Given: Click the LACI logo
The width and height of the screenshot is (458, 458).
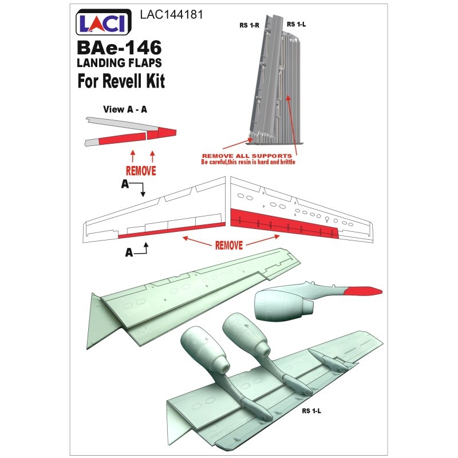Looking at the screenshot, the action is [104, 22].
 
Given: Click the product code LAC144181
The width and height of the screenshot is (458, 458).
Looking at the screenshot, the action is [171, 15].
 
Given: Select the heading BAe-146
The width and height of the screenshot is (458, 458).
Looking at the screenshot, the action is [119, 48].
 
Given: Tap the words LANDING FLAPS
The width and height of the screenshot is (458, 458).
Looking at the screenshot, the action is [119, 63].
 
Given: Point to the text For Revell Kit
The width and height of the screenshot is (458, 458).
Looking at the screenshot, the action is [121, 81].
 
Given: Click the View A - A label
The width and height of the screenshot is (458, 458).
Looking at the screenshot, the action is [125, 109].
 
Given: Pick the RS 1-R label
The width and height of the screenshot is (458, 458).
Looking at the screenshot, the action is [249, 25].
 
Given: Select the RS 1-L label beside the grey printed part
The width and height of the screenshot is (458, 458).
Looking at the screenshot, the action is [296, 24].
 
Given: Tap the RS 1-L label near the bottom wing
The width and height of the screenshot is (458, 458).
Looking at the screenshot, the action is [311, 411].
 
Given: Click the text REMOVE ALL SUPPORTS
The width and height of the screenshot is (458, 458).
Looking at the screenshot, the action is [247, 156].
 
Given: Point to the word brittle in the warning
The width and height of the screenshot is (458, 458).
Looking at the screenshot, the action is [288, 162].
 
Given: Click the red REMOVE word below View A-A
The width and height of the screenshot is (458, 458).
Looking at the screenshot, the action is [141, 171].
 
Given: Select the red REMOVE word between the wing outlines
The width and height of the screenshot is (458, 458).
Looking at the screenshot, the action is [229, 246].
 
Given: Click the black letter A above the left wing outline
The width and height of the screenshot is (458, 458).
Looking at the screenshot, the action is [125, 184].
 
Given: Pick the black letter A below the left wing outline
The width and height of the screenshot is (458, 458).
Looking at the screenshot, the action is [129, 252].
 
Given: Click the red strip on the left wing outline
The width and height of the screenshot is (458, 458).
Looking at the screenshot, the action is [172, 230].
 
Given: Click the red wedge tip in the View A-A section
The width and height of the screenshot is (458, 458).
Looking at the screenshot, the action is [161, 133].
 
